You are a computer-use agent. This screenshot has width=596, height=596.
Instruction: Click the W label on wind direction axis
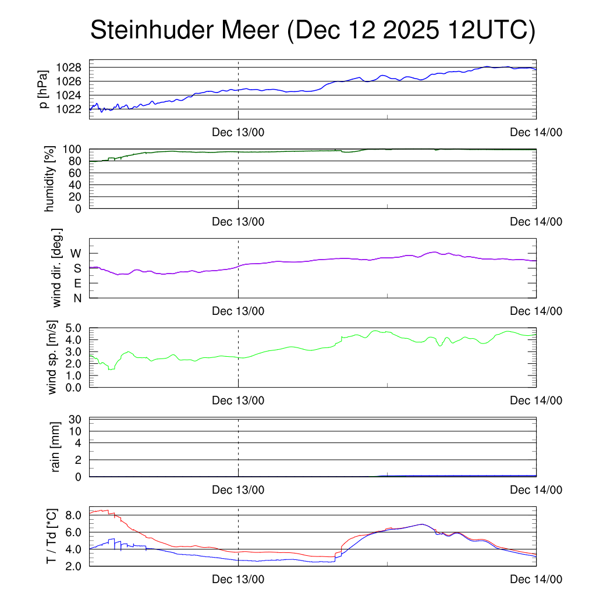tap(76, 253)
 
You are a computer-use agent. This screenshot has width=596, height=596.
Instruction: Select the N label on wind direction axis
tap(77, 298)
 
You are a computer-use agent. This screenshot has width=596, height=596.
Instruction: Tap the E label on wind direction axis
tap(77, 283)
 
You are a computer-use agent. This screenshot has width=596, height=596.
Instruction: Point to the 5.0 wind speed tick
tap(73, 328)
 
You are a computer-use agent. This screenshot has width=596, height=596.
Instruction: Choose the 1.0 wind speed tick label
tap(73, 375)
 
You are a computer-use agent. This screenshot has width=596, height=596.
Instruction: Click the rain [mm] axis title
tap(56, 446)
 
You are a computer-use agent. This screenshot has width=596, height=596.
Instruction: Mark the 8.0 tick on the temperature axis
tap(73, 516)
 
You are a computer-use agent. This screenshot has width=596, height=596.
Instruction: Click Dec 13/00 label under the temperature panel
tap(238, 579)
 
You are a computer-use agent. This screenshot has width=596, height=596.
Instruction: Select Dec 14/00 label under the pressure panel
tap(536, 133)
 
